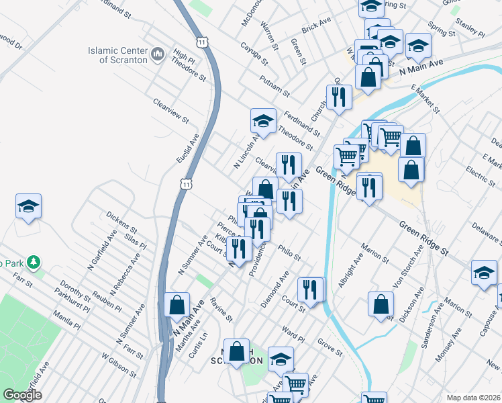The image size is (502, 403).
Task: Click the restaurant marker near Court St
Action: (x=310, y=289)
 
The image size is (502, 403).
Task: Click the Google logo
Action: (x=22, y=395)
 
